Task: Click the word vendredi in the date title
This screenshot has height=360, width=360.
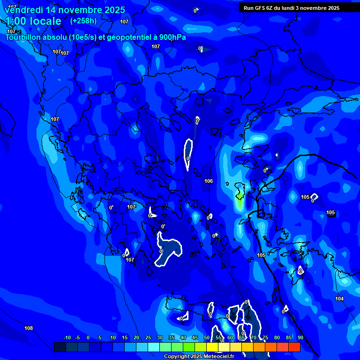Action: [24, 10]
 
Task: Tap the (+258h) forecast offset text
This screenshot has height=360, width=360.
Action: [83, 21]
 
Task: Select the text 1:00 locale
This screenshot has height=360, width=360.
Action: [33, 21]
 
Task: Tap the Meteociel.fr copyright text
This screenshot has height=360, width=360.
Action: [199, 356]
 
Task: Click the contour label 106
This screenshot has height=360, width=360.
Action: [209, 181]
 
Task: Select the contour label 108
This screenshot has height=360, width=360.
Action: [29, 328]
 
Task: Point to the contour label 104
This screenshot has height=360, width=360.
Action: [339, 299]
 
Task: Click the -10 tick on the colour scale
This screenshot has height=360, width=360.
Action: [67, 337]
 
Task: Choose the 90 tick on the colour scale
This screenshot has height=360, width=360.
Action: [300, 337]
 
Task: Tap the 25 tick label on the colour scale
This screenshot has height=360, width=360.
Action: [148, 337]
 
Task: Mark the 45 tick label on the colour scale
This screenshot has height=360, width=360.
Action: [195, 337]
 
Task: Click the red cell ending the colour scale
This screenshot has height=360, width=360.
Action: [294, 347]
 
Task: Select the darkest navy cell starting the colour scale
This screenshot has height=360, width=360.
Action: [60, 347]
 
